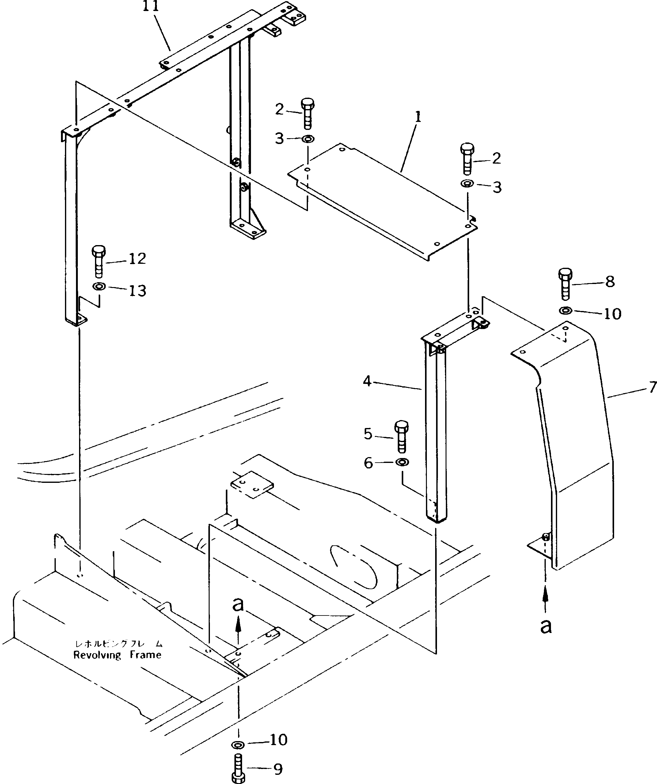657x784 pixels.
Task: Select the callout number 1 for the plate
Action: coord(418,117)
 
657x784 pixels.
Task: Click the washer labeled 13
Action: coord(99,287)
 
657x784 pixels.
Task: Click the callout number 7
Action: coord(652,388)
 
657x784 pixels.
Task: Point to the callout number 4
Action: coord(367,381)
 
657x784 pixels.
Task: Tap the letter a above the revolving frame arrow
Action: coord(238,604)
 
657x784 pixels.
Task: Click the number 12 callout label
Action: coord(137,259)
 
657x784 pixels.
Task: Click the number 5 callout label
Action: coord(368,434)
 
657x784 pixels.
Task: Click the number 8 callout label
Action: coord(610,282)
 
